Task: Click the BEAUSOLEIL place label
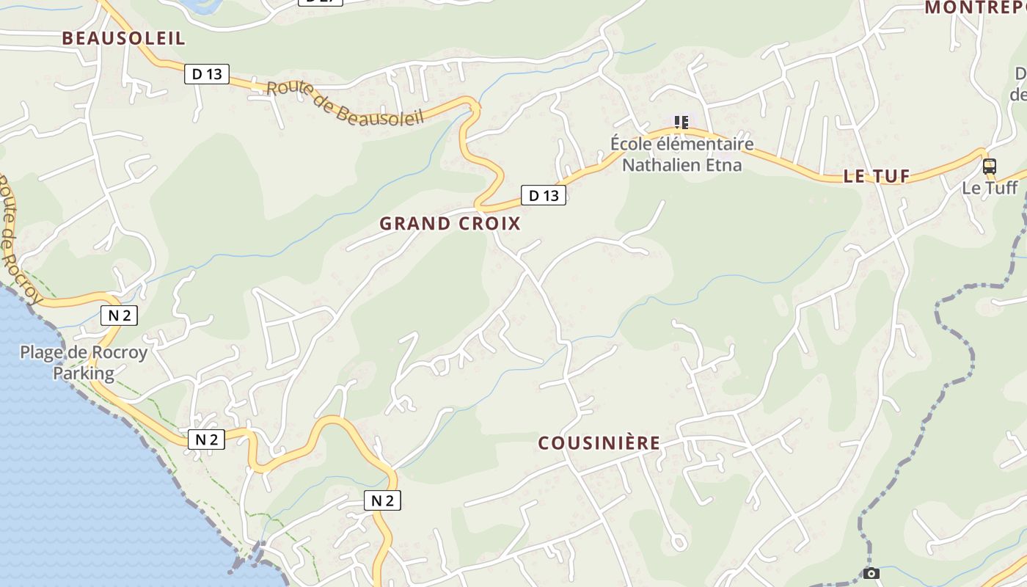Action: [123, 38]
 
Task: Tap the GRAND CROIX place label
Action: [450, 224]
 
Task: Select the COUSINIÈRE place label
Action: [599, 443]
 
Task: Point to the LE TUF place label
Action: [877, 176]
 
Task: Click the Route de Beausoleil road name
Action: [345, 103]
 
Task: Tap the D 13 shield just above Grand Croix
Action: [544, 195]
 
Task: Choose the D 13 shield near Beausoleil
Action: [207, 73]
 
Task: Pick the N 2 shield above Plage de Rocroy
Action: [119, 316]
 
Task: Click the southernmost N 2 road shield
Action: [382, 500]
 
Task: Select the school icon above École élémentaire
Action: [681, 122]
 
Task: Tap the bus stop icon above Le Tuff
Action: [990, 166]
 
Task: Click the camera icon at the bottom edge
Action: [871, 573]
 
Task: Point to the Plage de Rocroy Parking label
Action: [84, 362]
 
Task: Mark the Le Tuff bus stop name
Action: [990, 188]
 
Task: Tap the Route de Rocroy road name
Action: [15, 238]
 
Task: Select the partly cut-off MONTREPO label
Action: [975, 8]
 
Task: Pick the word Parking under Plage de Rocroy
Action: [84, 373]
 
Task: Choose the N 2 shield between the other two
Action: [206, 440]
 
